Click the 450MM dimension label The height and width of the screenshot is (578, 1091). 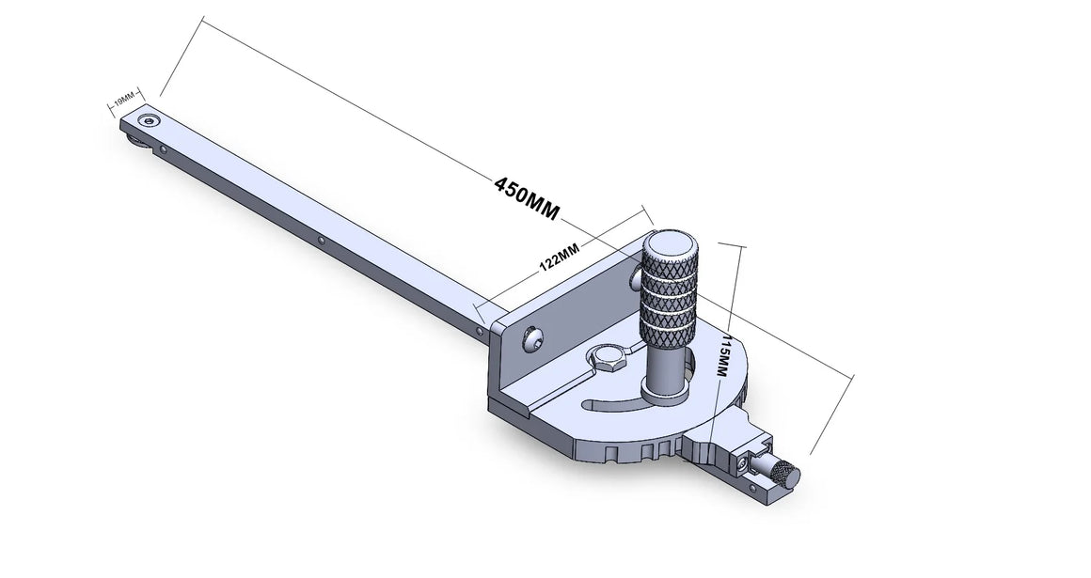click(526, 197)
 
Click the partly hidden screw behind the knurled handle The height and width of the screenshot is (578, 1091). click(637, 279)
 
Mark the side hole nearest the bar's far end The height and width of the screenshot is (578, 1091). click(166, 148)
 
